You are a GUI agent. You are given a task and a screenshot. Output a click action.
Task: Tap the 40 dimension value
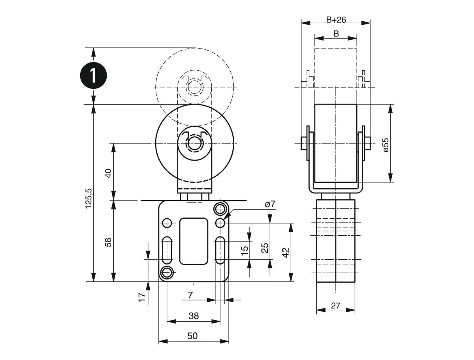[109, 172]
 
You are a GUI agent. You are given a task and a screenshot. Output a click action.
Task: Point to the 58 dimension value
[109, 242]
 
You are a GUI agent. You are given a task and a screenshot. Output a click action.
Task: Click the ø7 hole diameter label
[270, 204]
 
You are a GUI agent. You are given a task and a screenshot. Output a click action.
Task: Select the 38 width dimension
[194, 316]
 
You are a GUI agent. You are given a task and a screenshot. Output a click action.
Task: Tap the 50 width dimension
[192, 336]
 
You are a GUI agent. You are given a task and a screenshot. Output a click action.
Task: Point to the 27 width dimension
[335, 305]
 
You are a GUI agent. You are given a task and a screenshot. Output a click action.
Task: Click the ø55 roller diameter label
[386, 145]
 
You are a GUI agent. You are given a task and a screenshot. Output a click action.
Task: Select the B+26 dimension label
[336, 19]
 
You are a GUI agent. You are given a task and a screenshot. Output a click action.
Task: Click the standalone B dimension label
[336, 34]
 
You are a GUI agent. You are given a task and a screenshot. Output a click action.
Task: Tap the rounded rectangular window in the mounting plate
[194, 241]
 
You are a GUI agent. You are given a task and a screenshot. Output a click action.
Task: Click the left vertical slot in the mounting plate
[167, 251]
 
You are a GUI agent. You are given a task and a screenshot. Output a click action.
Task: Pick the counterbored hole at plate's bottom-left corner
[167, 272]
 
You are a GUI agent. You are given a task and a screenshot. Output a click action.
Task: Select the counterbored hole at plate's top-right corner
[220, 209]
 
